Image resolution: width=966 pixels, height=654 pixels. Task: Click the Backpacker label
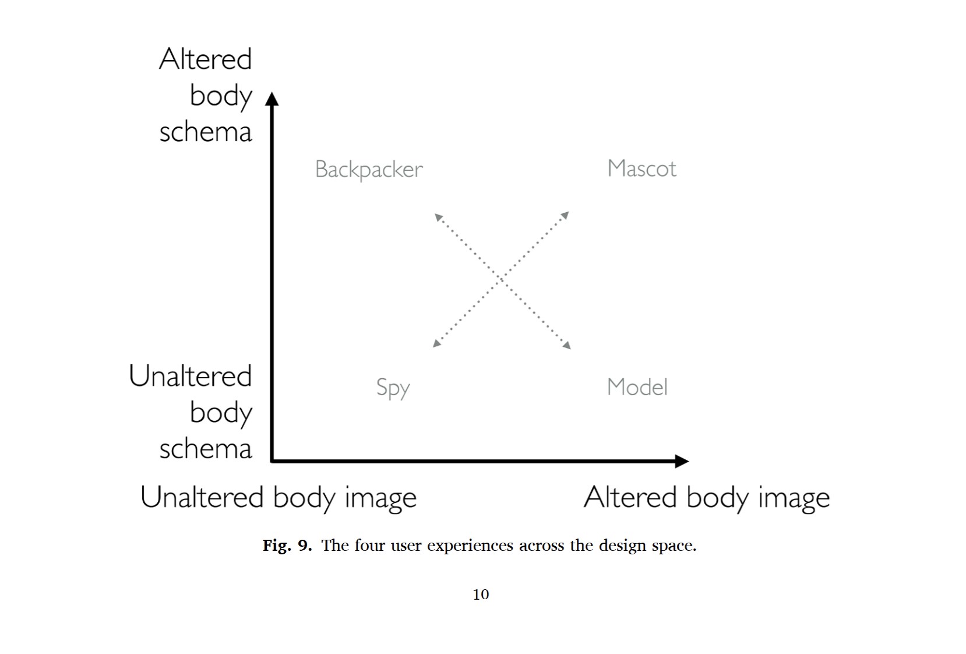(369, 170)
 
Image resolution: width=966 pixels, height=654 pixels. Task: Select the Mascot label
(641, 168)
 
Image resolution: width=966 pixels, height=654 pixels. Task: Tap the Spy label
(393, 388)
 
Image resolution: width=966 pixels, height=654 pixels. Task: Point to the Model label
(637, 387)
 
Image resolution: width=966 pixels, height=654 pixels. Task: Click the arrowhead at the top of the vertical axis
(272, 99)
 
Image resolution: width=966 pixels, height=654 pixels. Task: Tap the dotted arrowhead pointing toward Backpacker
(439, 217)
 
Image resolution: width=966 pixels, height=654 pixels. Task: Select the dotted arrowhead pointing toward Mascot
(565, 215)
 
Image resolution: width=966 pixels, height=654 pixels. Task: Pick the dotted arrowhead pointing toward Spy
(437, 343)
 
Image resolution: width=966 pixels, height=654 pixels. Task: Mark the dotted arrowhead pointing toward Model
(567, 344)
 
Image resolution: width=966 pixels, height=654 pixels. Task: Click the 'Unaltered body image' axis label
(278, 498)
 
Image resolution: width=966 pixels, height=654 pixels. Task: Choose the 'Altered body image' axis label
(707, 498)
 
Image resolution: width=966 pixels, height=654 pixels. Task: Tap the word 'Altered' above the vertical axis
(205, 59)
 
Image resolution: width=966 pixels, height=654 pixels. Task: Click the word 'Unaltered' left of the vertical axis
(190, 376)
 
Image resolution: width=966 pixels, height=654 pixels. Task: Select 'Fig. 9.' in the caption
(287, 545)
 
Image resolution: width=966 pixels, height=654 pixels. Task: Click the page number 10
(481, 595)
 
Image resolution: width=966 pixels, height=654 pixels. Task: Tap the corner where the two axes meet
(272, 461)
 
